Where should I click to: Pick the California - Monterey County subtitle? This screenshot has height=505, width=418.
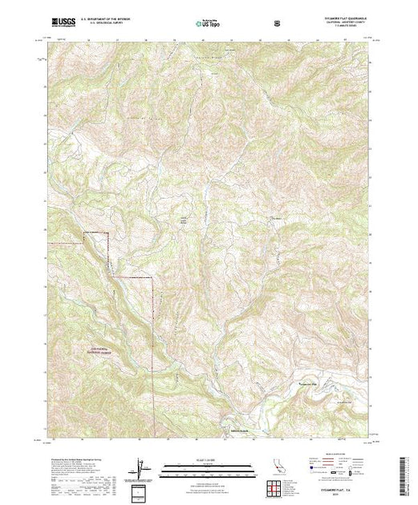tap(341, 23)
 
